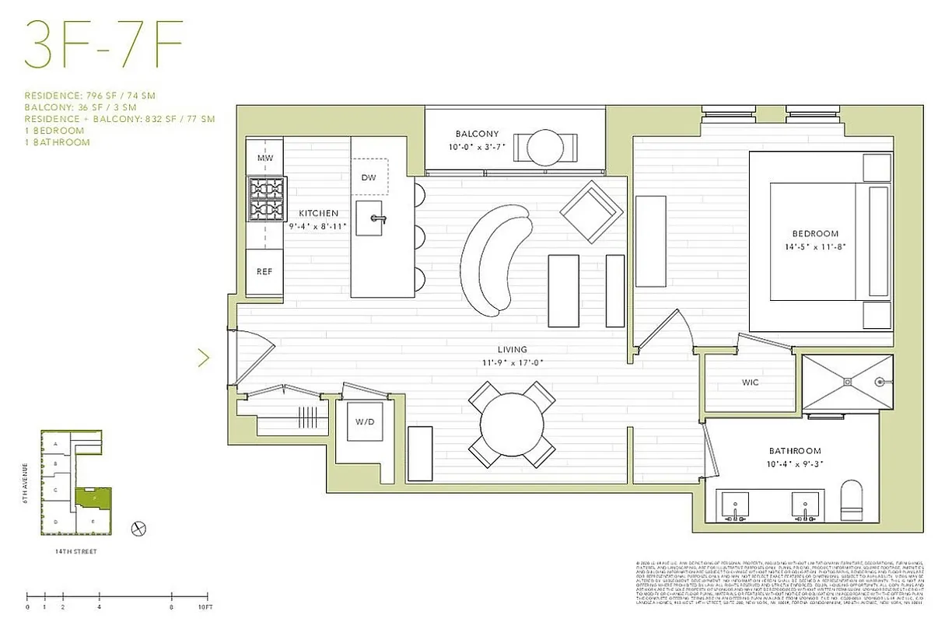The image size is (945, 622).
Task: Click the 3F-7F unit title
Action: click(x=103, y=45)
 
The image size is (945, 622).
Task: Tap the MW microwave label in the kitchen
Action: click(x=264, y=159)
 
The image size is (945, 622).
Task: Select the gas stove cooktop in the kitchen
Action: click(x=264, y=199)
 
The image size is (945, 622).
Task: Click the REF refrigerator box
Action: click(x=264, y=272)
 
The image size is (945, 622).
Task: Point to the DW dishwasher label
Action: click(x=369, y=178)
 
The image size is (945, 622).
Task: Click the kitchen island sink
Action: click(x=377, y=218)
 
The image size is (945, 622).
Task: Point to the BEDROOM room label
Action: click(x=815, y=233)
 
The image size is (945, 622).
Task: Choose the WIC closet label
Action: click(x=750, y=383)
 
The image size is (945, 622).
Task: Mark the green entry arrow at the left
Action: click(x=204, y=358)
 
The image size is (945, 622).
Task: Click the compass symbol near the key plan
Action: click(x=139, y=527)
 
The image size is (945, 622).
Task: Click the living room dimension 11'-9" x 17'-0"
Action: click(x=513, y=361)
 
